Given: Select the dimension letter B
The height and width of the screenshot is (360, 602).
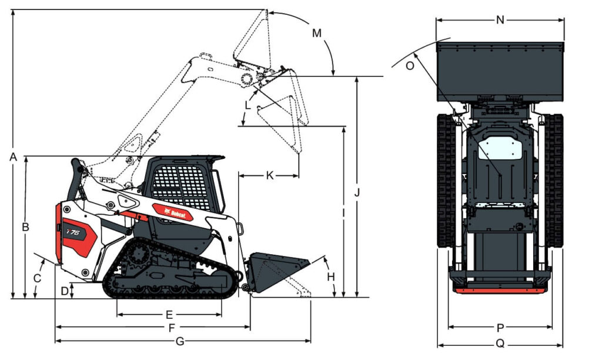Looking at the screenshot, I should (x=26, y=226).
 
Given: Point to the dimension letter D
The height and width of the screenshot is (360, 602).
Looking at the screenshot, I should (x=65, y=290).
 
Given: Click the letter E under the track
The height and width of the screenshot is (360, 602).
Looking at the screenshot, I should (x=169, y=314).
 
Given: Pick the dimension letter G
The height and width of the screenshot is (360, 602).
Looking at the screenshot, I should (x=180, y=341).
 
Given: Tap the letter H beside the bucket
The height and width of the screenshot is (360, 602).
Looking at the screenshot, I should (x=330, y=276).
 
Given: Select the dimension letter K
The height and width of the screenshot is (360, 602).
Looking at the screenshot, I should (x=269, y=175).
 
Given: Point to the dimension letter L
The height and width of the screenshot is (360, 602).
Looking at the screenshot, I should (x=248, y=106).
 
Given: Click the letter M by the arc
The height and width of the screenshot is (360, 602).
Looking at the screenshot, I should (x=317, y=34).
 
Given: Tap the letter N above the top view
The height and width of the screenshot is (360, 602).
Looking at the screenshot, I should (x=500, y=20).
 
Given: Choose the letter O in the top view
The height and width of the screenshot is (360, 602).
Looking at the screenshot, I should (x=410, y=66).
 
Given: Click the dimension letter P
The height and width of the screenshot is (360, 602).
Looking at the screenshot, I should (x=500, y=327).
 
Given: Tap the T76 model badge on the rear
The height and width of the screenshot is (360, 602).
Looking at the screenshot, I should (x=73, y=232).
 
